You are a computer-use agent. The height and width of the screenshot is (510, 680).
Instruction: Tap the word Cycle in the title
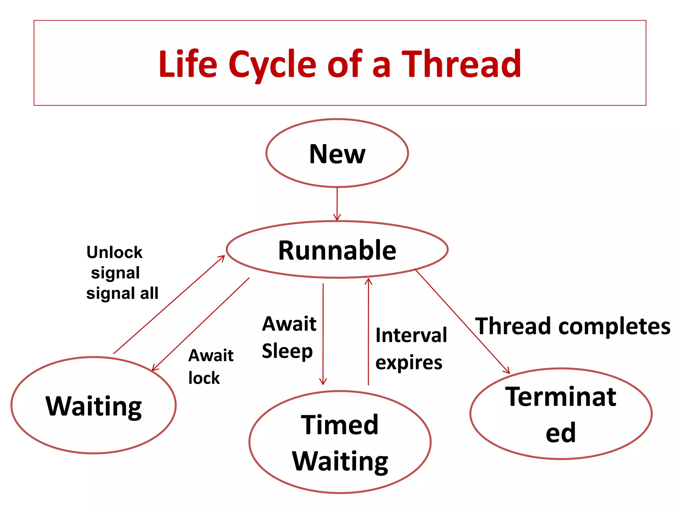272,65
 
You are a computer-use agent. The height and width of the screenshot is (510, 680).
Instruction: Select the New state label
337,154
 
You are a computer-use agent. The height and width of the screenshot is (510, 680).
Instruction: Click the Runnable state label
337,250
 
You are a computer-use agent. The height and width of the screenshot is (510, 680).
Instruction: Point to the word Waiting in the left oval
94,406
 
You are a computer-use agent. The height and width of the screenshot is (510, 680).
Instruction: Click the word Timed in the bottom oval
339,425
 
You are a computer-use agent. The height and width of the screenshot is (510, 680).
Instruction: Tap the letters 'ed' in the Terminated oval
560,433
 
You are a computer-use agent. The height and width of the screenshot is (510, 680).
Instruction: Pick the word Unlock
114,252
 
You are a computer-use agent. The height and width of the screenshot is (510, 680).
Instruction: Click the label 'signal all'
122,294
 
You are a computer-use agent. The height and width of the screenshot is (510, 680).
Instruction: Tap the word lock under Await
204,378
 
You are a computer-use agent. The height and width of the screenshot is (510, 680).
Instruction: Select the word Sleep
287,351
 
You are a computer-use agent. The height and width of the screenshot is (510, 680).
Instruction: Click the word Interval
411,335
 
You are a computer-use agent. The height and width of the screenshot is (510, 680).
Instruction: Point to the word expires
409,363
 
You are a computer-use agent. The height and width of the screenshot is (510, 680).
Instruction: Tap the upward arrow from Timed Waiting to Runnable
368,332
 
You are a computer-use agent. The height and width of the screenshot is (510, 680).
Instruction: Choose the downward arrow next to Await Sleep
323,332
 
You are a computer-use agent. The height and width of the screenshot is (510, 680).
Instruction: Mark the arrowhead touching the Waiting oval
154,368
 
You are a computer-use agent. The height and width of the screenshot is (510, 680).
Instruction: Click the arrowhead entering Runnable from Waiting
222,258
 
